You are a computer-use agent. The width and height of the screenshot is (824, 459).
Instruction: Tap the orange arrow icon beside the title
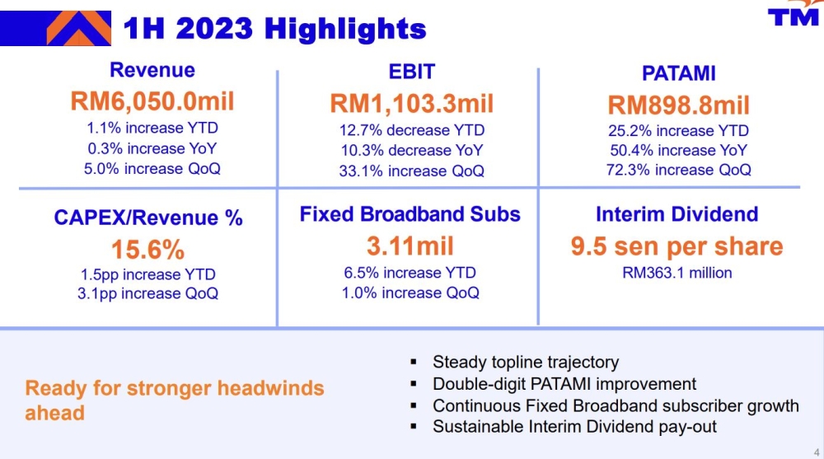79,28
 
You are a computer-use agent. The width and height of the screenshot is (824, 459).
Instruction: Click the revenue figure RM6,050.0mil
152,101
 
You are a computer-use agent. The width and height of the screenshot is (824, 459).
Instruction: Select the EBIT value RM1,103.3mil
411,104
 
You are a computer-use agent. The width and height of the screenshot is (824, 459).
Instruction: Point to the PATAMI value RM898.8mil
678,105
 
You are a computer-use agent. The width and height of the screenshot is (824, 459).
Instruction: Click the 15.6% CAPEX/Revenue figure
147,250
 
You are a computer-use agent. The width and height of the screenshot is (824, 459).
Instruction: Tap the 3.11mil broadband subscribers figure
410,246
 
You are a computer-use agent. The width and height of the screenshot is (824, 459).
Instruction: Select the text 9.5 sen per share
677,246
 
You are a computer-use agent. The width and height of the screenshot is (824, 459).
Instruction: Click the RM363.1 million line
677,273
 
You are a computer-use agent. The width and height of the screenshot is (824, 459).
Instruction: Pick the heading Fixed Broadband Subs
410,214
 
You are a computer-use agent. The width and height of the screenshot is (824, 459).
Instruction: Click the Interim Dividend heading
677,214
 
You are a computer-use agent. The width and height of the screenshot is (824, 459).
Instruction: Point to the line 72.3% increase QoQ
678,170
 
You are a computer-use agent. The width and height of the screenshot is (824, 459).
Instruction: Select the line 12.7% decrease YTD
411,130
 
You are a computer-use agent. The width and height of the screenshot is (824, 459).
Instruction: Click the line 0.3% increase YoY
152,148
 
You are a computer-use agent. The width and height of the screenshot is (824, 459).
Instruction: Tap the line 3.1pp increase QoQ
147,293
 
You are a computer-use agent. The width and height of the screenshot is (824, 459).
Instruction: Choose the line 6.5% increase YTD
410,272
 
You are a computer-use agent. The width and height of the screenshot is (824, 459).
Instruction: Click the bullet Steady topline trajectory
526,362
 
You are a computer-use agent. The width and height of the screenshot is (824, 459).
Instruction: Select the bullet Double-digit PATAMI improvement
564,384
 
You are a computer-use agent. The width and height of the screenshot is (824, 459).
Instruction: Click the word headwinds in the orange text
270,388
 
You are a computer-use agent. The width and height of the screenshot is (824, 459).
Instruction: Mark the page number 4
816,452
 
